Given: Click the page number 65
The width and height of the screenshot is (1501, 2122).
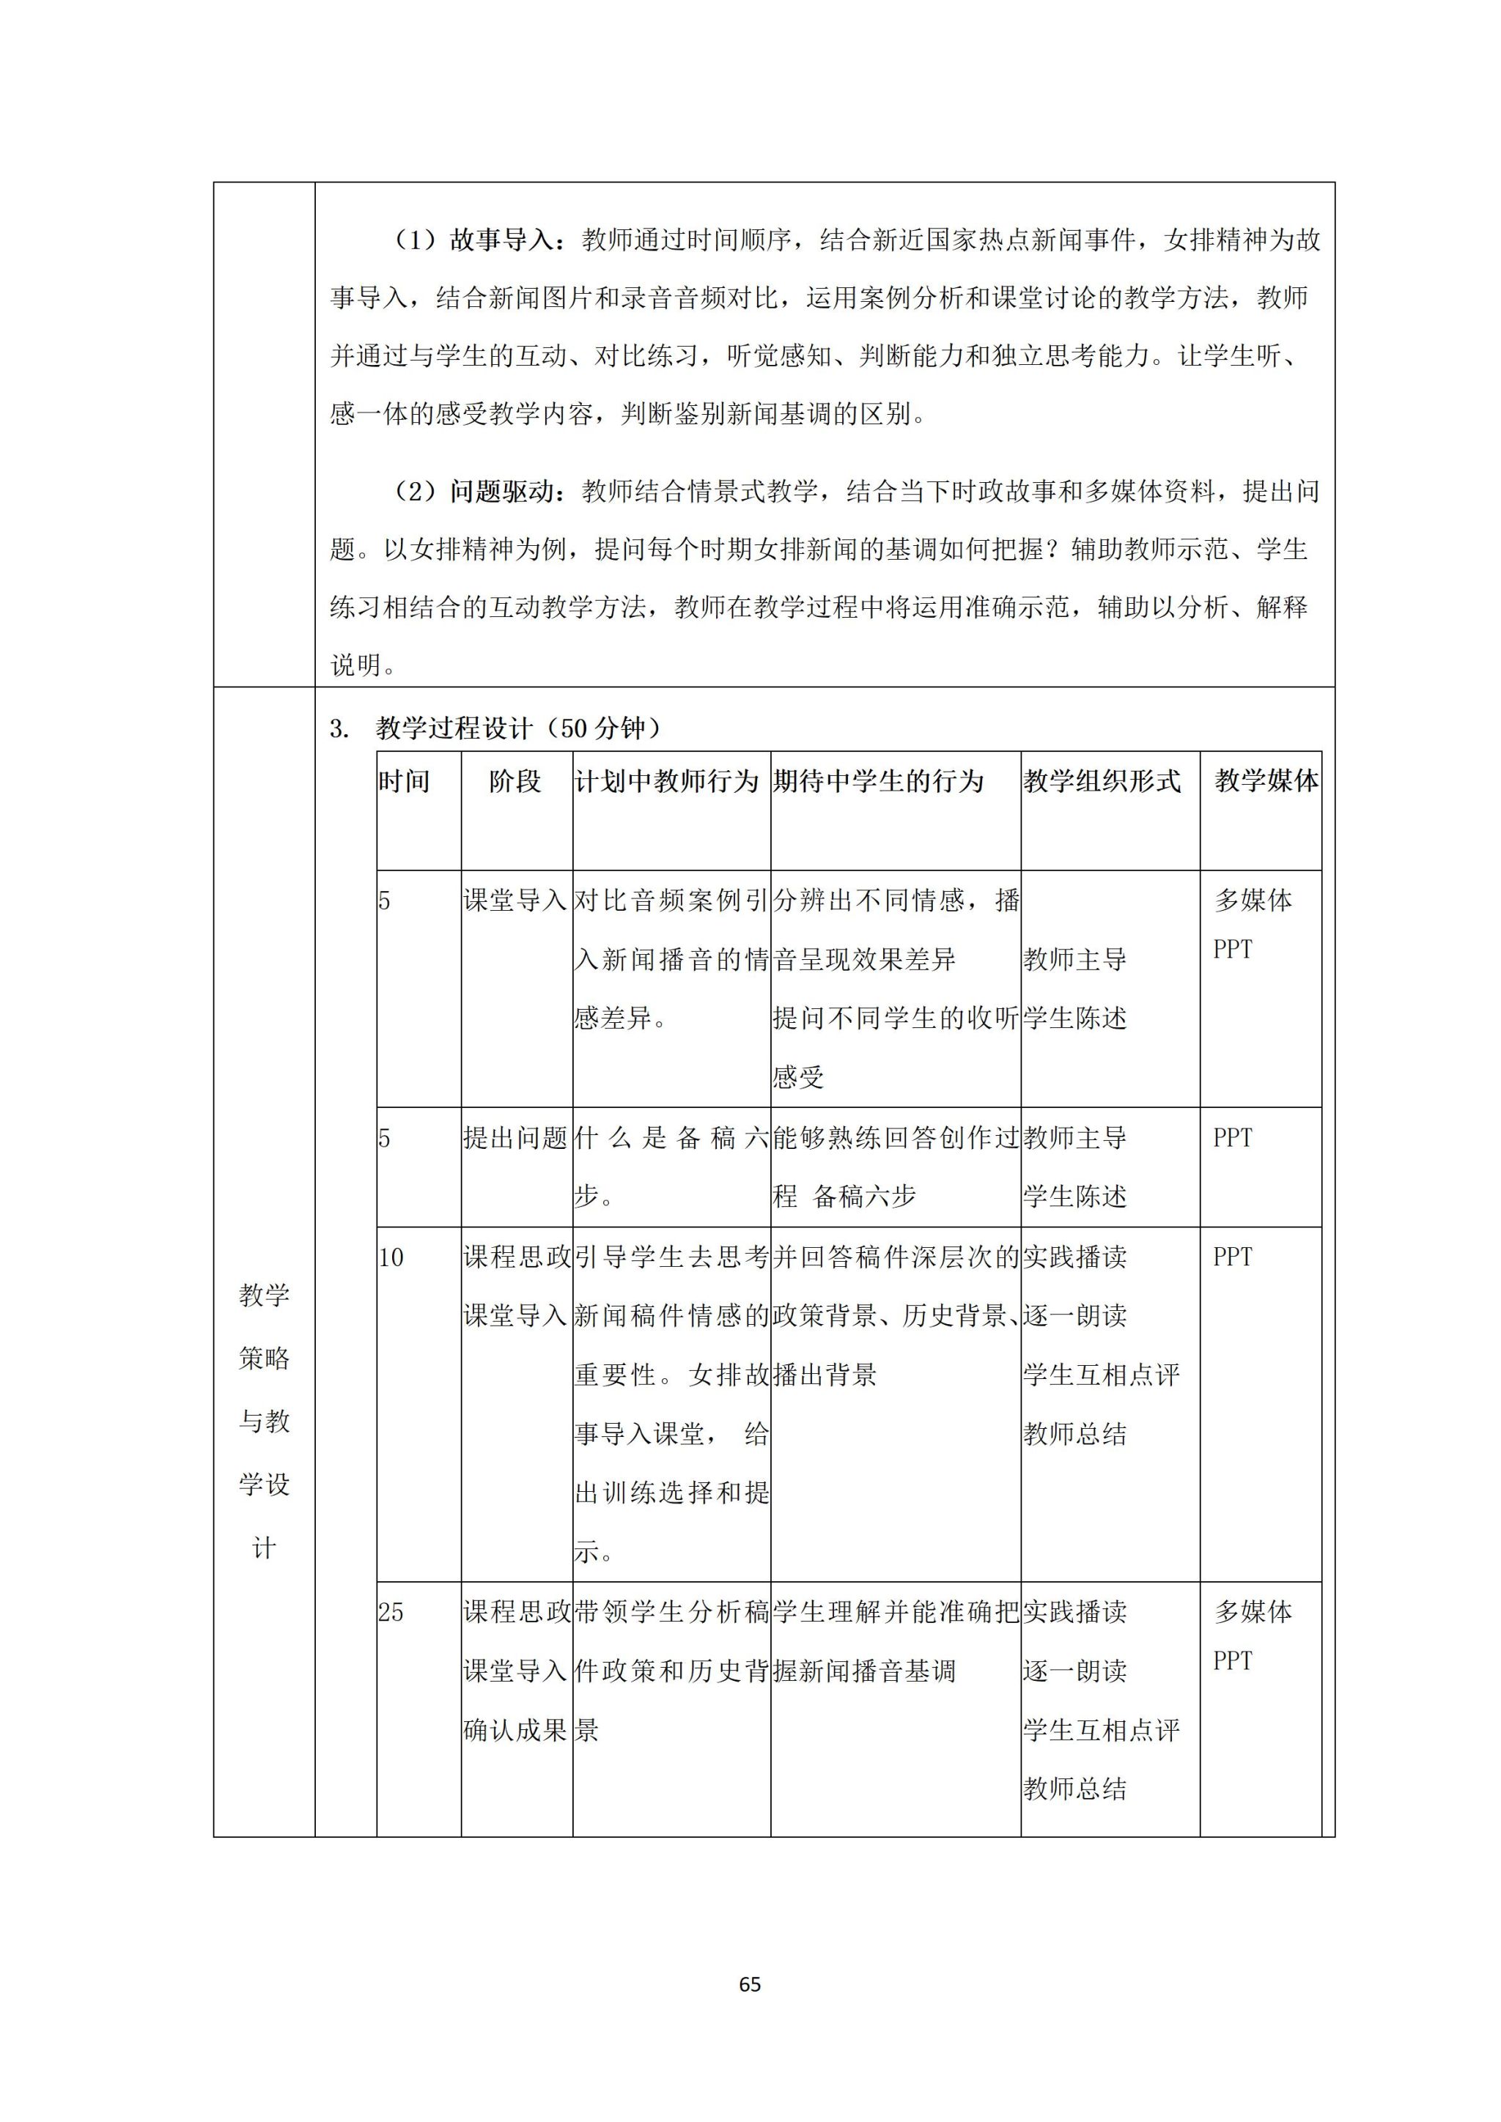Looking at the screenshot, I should [750, 1984].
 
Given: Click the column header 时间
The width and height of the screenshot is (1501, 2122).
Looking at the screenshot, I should [404, 781].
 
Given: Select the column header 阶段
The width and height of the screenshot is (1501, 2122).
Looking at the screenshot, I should [515, 781].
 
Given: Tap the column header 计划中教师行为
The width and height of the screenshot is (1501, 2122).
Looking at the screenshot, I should [666, 781].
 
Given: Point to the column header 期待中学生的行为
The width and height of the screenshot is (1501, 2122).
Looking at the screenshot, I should [878, 781].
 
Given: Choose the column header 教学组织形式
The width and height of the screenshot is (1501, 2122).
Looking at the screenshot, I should [1102, 781].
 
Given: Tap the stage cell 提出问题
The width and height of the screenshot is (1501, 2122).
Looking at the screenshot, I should [515, 1138].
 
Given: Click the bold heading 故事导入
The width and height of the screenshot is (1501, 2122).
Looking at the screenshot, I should [501, 240].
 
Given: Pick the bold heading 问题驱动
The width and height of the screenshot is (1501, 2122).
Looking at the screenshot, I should [501, 492].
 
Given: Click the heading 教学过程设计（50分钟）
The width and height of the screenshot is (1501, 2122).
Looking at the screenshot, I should [517, 728].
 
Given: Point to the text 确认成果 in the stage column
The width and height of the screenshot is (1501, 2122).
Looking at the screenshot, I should [515, 1730].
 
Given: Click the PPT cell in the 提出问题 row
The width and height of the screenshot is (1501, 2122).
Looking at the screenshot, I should [1232, 1138].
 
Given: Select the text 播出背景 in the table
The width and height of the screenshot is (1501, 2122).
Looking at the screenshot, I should [825, 1375].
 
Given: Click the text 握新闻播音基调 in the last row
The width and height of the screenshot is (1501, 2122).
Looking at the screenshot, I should [863, 1671].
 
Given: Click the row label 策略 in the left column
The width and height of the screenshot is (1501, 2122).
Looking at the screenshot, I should [265, 1358].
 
